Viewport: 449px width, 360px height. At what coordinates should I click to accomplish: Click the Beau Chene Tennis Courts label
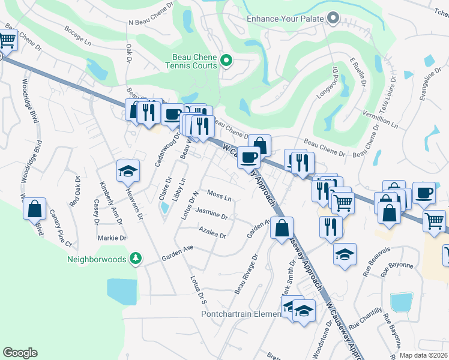191,61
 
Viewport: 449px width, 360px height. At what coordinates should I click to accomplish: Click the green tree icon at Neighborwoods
136,259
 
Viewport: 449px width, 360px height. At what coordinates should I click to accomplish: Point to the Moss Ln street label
219,196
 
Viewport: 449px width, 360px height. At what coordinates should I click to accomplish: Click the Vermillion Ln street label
380,119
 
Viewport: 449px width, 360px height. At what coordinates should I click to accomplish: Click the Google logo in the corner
20,353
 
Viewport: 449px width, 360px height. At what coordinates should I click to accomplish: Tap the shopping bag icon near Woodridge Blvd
35,209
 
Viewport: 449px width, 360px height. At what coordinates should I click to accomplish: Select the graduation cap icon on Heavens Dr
128,172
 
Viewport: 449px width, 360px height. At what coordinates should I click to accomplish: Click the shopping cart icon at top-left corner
7,40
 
